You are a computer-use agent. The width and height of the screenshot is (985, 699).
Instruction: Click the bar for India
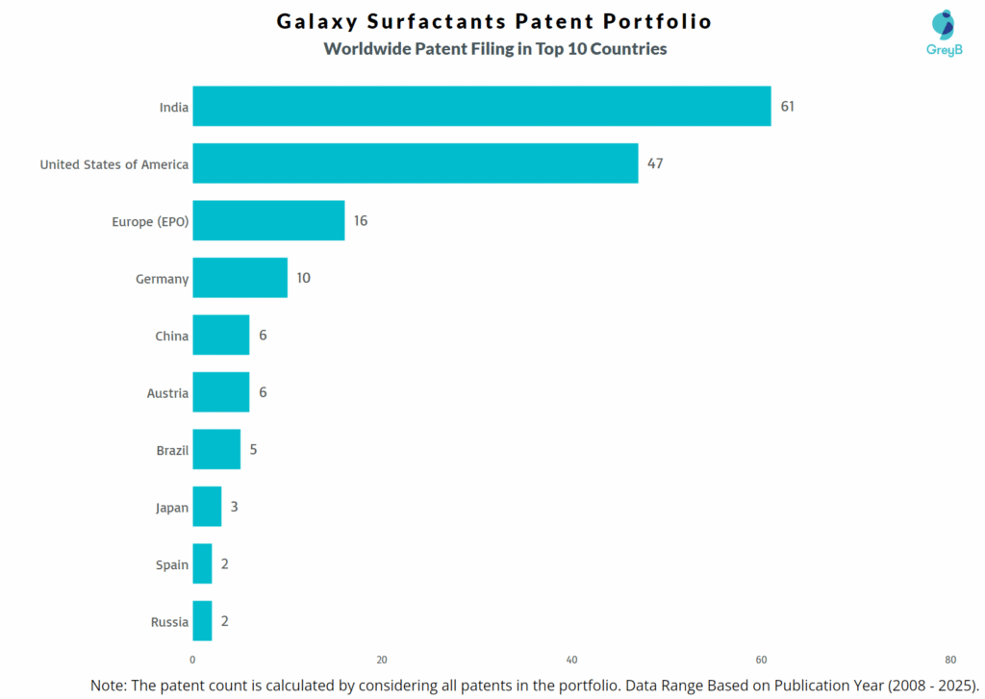(x=481, y=106)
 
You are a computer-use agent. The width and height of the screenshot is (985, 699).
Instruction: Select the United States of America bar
(x=415, y=163)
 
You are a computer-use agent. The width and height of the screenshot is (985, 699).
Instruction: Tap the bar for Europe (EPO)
(x=268, y=221)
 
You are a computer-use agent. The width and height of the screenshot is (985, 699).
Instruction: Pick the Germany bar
(x=240, y=278)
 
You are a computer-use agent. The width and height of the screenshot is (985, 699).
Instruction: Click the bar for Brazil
(x=216, y=449)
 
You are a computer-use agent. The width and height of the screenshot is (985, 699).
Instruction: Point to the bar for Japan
(x=207, y=507)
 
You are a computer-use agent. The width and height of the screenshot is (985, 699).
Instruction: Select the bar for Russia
(x=202, y=621)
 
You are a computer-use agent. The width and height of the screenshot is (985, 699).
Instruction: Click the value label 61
(x=787, y=106)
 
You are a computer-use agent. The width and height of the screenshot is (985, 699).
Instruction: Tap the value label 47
(x=655, y=163)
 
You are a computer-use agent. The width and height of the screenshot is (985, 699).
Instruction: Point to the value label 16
(x=361, y=221)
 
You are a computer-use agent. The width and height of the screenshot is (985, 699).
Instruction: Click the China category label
(x=171, y=336)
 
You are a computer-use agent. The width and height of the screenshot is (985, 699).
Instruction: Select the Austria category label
(x=167, y=393)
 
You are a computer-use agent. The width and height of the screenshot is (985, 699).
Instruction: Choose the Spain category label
(x=172, y=564)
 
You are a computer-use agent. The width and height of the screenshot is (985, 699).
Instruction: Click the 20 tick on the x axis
(x=382, y=660)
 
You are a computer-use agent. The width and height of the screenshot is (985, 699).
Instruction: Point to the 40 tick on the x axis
(x=571, y=660)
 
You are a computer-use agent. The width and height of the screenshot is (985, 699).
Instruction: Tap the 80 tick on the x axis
(x=950, y=660)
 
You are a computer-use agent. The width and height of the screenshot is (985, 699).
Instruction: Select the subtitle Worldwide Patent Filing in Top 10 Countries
(x=494, y=49)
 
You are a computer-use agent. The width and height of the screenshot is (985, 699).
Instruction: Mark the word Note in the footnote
(x=110, y=686)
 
